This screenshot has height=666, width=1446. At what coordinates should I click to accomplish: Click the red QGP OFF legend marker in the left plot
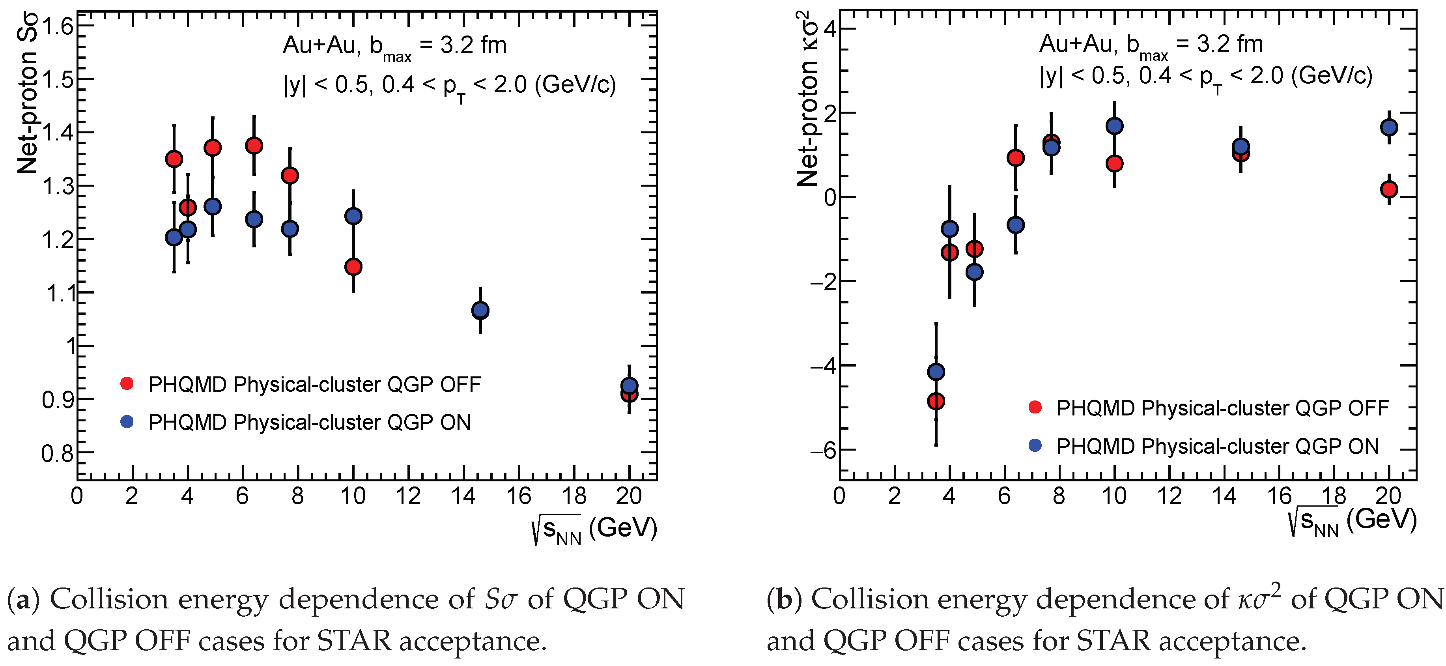pyautogui.click(x=127, y=384)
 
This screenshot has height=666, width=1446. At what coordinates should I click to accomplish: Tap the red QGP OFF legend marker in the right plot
pyautogui.click(x=1035, y=408)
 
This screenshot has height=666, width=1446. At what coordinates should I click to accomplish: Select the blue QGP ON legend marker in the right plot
pyautogui.click(x=1035, y=445)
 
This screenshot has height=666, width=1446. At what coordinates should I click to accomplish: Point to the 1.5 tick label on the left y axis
pyautogui.click(x=58, y=79)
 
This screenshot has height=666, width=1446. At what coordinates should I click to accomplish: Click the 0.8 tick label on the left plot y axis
pyautogui.click(x=58, y=453)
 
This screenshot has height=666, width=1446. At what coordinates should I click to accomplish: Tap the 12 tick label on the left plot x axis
pyautogui.click(x=408, y=496)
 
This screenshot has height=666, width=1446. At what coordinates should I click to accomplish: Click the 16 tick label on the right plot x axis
pyautogui.click(x=1279, y=496)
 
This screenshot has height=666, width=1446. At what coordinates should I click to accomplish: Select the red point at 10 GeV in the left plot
pyautogui.click(x=353, y=267)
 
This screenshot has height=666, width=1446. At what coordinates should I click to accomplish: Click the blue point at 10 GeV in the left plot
pyautogui.click(x=353, y=216)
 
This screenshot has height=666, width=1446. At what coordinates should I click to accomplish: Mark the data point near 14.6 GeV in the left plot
pyautogui.click(x=480, y=310)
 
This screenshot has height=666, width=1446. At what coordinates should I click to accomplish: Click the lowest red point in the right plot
pyautogui.click(x=936, y=401)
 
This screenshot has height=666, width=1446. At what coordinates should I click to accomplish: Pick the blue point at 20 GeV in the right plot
pyautogui.click(x=1389, y=127)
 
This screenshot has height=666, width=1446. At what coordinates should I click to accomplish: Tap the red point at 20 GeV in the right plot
pyautogui.click(x=1389, y=189)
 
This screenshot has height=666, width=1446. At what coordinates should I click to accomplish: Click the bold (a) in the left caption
pyautogui.click(x=23, y=599)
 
